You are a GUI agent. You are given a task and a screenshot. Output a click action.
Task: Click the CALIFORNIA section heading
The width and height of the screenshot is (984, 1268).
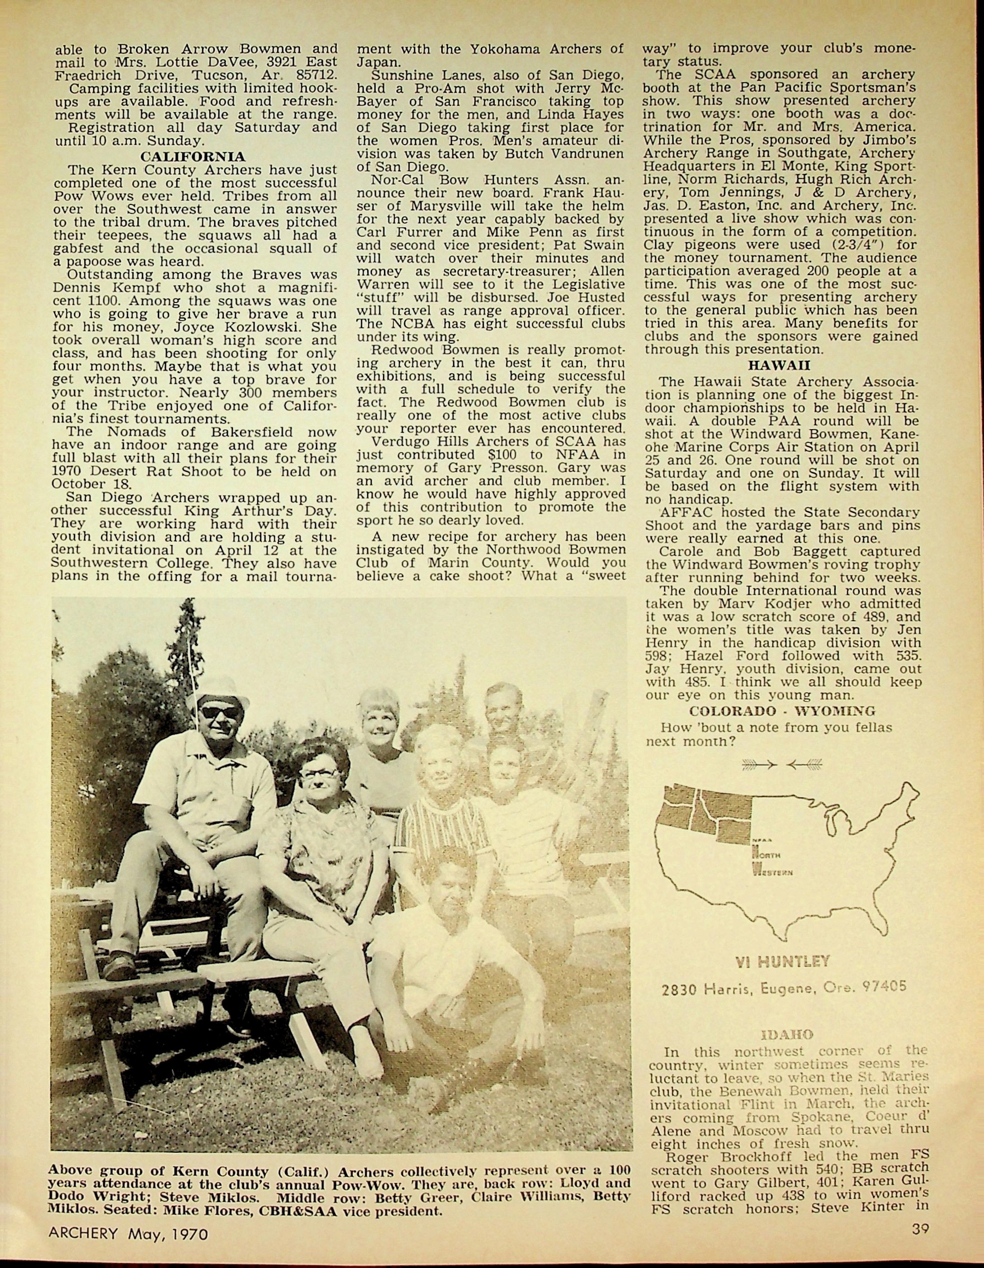193,157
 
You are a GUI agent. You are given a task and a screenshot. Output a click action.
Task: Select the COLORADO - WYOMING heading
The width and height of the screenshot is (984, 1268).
782,711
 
